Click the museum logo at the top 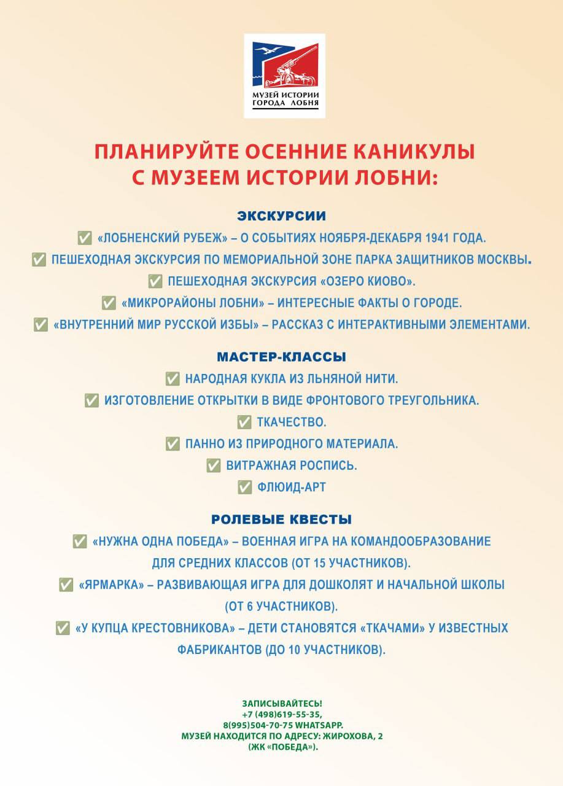tap(284, 75)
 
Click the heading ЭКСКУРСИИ tap(281, 216)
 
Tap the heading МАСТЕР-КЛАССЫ tap(281, 357)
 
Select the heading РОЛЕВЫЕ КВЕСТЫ tap(281, 519)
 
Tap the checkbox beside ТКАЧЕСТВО tap(244, 422)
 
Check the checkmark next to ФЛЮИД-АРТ tap(244, 487)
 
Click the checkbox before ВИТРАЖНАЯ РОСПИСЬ tap(214, 465)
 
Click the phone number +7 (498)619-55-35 tap(282, 714)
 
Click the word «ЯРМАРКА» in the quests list tap(104, 585)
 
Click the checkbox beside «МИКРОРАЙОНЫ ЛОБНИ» tap(109, 303)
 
